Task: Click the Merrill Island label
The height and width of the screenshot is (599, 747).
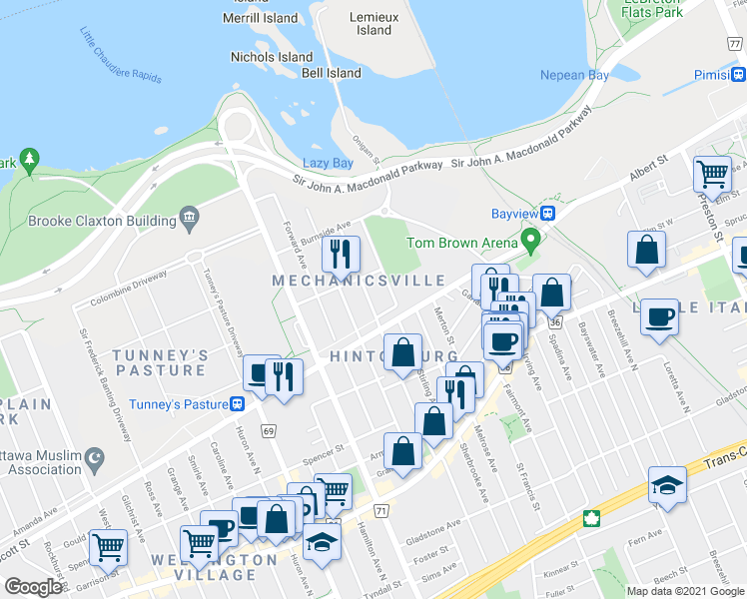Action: pyautogui.click(x=262, y=18)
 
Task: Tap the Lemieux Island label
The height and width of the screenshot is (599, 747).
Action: pyautogui.click(x=374, y=23)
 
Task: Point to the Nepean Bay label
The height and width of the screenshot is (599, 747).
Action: pyautogui.click(x=574, y=76)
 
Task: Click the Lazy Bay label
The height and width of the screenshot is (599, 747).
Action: pyautogui.click(x=328, y=163)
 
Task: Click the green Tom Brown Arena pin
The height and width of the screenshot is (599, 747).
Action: pyautogui.click(x=531, y=240)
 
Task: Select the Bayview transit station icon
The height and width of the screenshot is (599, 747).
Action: pyautogui.click(x=549, y=214)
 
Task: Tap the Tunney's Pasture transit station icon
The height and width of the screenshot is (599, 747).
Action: pyautogui.click(x=237, y=403)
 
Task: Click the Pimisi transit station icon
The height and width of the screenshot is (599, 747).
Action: pyautogui.click(x=738, y=75)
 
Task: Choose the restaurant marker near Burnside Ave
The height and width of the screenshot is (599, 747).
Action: pyautogui.click(x=341, y=255)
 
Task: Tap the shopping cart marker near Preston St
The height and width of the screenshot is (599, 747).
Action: pyautogui.click(x=713, y=173)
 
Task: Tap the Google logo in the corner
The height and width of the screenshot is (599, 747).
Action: pyautogui.click(x=34, y=586)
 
